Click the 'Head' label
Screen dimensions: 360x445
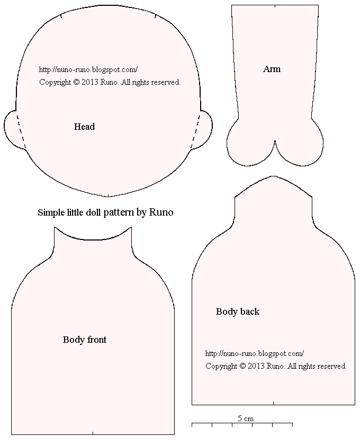point(84,127)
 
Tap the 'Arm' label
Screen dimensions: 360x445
point(272,69)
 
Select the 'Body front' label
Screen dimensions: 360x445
point(85,340)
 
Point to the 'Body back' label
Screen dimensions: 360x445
point(238,311)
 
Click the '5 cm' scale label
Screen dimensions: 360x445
point(245,418)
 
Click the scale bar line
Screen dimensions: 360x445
point(242,424)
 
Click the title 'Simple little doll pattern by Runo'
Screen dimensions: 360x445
point(105,212)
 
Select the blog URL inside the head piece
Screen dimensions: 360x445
point(88,69)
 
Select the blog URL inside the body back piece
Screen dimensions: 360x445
point(254,353)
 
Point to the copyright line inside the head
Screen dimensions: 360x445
point(110,82)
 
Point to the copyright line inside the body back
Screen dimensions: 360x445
point(276,366)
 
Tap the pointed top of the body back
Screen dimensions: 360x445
point(274,177)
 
